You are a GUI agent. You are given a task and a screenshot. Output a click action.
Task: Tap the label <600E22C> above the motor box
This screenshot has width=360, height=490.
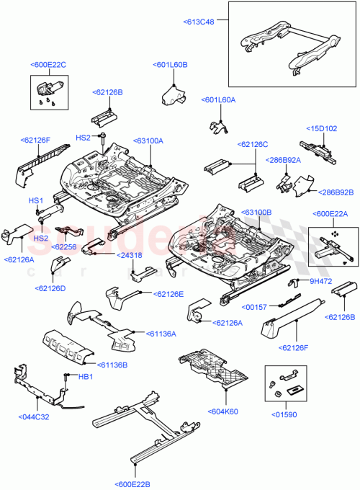point(48,65)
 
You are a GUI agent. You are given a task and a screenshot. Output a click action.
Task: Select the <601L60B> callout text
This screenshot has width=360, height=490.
point(171,65)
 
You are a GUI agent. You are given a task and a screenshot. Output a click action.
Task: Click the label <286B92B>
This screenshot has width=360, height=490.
point(337,192)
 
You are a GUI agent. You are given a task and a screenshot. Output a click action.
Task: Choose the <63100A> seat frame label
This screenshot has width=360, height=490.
point(148,141)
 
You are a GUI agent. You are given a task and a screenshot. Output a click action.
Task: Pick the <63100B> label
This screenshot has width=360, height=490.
point(256,213)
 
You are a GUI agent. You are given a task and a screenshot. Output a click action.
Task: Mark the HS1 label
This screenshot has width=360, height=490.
point(36,200)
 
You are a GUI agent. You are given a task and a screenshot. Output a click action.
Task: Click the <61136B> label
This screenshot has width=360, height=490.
point(113,365)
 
